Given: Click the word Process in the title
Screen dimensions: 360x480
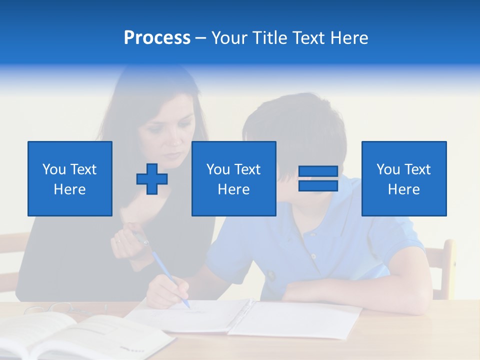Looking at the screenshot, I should point(157,38).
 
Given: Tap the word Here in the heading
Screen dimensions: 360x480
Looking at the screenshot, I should point(348,38).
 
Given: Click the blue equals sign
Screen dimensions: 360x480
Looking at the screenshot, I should point(318,178).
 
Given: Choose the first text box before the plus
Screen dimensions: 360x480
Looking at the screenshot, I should point(70,178).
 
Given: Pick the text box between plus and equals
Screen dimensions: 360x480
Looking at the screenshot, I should point(233,178).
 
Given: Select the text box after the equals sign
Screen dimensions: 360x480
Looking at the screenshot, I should point(404,178).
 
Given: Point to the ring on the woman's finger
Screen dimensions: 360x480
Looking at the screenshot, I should point(118,240).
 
